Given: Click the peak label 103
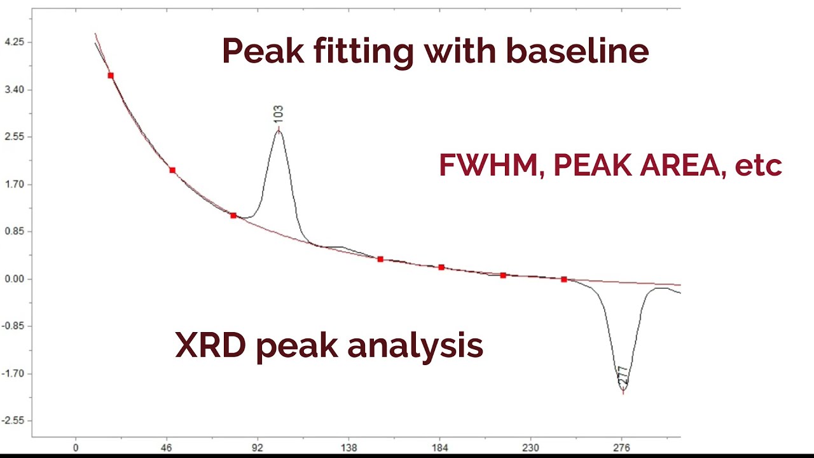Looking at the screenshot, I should [278, 114].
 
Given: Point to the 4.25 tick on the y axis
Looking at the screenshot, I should [14, 42].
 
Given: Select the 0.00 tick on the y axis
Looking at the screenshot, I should [14, 279].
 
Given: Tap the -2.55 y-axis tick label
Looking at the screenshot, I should [14, 421].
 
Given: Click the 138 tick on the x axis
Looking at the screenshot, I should [348, 448].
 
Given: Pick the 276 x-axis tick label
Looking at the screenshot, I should [621, 448].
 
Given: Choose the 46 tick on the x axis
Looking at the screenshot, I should [167, 448].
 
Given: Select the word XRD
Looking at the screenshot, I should [210, 345].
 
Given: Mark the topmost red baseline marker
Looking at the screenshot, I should [111, 76].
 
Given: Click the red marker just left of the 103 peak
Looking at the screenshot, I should [233, 216].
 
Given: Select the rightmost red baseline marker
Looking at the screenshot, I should [564, 279].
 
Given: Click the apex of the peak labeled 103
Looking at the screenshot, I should [279, 130].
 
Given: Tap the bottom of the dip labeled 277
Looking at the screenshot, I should [623, 390].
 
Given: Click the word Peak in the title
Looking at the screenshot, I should [263, 51].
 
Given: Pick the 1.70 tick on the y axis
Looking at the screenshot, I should [14, 184].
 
